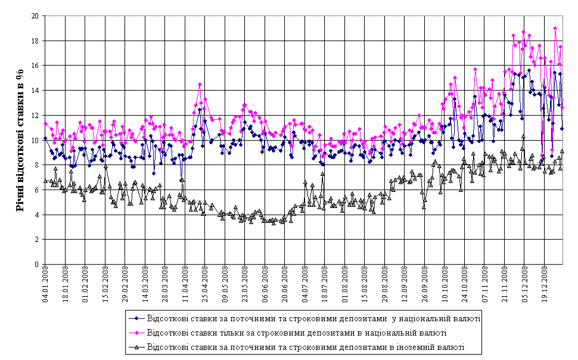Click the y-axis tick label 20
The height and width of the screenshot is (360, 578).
tap(35, 16)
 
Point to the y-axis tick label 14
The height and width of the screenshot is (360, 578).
tap(35, 91)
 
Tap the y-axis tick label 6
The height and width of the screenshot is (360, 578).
tap(36, 190)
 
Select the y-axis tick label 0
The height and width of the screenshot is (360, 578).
tap(36, 264)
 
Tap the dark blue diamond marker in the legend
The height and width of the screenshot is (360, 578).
tap(138, 319)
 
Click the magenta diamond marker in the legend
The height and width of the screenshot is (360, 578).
tap(138, 333)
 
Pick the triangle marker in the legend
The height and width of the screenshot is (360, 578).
tap(138, 346)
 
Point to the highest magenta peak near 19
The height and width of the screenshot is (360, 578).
tap(555, 28)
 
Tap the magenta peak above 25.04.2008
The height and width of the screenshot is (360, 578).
tap(200, 85)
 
